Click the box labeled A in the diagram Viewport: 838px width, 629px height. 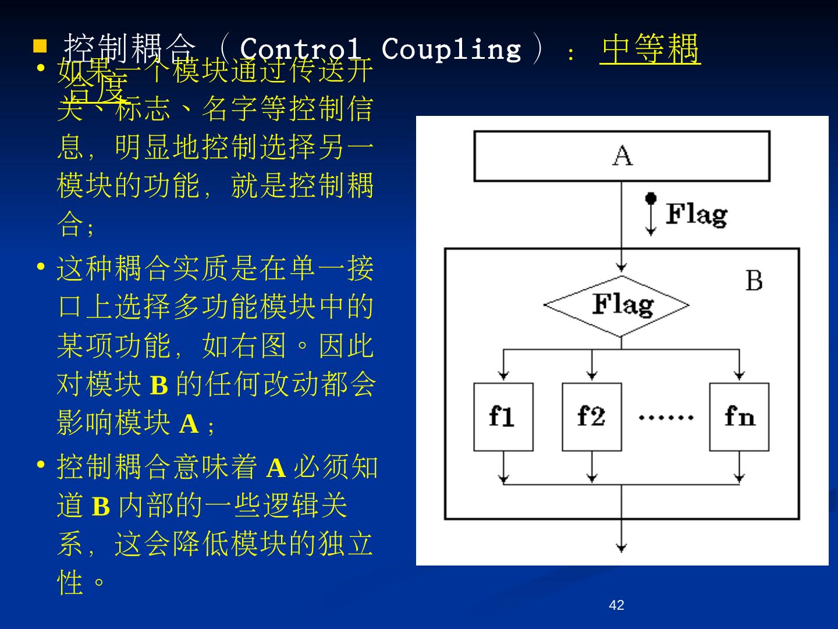click(x=622, y=156)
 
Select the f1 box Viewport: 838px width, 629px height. click(x=503, y=417)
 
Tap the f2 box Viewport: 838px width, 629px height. click(x=591, y=417)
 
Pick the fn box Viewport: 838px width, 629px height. click(x=739, y=417)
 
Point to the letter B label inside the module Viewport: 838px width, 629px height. click(x=754, y=281)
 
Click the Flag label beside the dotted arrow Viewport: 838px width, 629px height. click(x=696, y=214)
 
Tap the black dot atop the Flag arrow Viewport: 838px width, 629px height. click(x=651, y=198)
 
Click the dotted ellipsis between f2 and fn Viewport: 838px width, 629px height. click(x=666, y=417)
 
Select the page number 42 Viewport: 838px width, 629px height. click(x=616, y=605)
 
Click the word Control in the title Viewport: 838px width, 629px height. click(x=300, y=49)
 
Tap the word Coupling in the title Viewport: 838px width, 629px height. click(x=451, y=49)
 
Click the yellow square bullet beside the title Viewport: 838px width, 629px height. click(x=40, y=45)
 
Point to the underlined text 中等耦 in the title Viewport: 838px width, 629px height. click(x=650, y=49)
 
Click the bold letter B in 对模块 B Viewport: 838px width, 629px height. click(x=159, y=386)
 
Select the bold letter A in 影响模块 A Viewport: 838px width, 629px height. click(x=189, y=424)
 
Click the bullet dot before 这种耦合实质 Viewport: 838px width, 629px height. click(x=41, y=267)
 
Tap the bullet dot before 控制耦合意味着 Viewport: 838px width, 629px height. click(x=41, y=465)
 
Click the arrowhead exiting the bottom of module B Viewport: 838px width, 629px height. click(x=622, y=547)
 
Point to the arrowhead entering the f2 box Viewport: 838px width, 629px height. click(x=591, y=376)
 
